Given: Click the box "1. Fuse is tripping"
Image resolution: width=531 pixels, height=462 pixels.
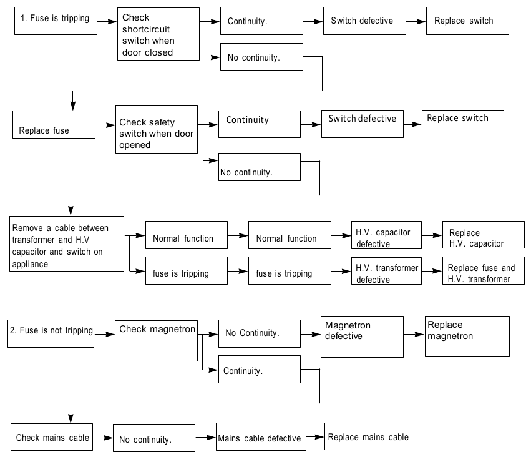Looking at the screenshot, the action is [x=56, y=21].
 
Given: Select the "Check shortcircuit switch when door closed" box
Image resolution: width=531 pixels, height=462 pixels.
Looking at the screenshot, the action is [x=158, y=34].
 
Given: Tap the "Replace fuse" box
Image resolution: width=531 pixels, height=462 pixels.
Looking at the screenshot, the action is [x=54, y=124].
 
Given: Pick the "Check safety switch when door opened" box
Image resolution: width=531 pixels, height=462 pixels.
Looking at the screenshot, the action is [x=157, y=129].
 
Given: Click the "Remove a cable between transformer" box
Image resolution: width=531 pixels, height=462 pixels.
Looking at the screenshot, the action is [x=67, y=243].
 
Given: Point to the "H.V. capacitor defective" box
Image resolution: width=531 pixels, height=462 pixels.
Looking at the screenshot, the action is [x=386, y=235].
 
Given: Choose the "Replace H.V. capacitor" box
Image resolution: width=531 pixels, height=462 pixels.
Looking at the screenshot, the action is [x=483, y=235].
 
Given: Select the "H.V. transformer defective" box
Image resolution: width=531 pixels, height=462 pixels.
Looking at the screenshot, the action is [x=386, y=270].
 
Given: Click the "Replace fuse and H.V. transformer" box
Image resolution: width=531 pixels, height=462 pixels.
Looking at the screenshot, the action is [x=483, y=270].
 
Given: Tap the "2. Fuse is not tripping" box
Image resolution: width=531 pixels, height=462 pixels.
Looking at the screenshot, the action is [x=51, y=333].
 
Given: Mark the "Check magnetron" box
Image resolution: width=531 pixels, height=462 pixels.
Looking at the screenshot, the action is [x=156, y=341].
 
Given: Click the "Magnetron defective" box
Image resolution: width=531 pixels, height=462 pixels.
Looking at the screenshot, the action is [x=362, y=337].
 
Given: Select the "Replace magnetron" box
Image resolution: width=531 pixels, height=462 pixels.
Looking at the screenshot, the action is [x=467, y=337].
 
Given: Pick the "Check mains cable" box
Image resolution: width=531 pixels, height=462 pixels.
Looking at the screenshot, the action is [x=52, y=437].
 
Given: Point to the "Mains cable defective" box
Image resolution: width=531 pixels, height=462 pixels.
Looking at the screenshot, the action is [x=261, y=436].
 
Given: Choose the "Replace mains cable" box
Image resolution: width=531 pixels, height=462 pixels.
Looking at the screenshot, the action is [x=368, y=436].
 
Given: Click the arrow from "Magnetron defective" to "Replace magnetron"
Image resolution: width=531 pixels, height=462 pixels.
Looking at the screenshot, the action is [x=414, y=334].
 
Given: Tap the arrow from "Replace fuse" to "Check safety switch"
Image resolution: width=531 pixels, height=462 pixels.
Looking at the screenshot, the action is [x=105, y=125].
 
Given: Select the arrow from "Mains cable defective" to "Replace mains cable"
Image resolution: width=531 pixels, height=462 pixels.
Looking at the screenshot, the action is [x=315, y=436].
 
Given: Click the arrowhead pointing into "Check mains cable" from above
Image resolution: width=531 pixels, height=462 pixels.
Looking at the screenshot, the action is [x=71, y=419].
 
